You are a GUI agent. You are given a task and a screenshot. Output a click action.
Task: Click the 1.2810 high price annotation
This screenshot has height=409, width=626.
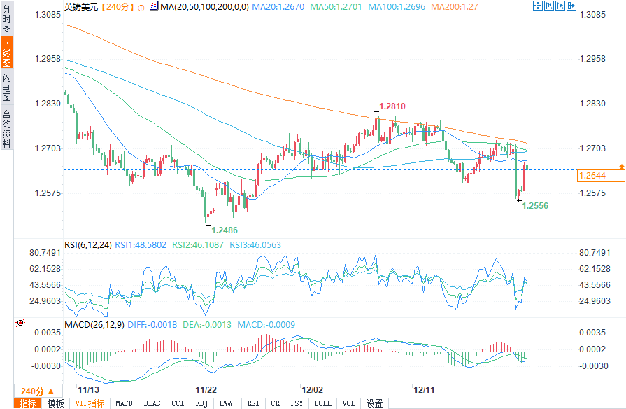(392, 106)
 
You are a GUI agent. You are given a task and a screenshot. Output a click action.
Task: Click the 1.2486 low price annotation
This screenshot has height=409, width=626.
(224, 230)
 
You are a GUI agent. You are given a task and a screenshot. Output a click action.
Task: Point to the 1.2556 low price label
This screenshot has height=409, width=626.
(535, 206)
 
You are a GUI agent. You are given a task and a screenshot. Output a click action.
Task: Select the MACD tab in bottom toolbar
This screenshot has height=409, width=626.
(124, 403)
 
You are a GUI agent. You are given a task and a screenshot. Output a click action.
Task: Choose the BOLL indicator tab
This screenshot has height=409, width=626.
(322, 403)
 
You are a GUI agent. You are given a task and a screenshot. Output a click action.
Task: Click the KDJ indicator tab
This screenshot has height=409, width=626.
(201, 403)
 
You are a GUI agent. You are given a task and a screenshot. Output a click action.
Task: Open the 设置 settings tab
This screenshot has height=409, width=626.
(375, 403)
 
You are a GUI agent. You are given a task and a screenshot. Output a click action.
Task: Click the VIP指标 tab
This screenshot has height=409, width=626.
(90, 403)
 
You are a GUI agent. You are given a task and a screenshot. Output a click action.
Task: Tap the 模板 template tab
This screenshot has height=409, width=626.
(55, 403)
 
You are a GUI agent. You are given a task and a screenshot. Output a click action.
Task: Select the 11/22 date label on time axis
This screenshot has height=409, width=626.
(205, 389)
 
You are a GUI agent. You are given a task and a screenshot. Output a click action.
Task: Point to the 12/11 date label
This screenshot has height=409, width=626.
(425, 389)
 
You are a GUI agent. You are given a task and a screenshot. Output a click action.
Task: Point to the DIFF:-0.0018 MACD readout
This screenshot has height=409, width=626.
(142, 325)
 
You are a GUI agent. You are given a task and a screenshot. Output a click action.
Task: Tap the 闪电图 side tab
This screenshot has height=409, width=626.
(7, 87)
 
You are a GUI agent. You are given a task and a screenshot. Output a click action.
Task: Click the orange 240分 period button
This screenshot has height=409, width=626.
(33, 391)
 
